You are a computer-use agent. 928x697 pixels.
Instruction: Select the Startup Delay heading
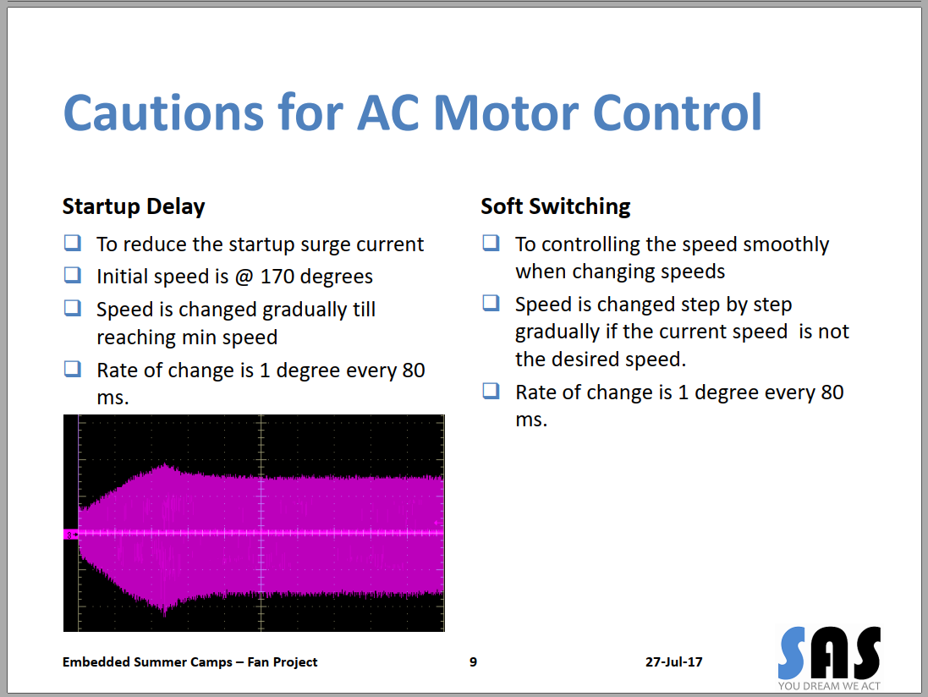(x=134, y=206)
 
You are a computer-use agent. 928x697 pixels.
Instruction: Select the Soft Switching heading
(x=556, y=206)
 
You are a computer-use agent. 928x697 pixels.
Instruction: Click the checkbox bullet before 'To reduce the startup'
(x=73, y=244)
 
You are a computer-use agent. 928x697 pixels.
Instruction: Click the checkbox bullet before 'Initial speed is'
(x=73, y=275)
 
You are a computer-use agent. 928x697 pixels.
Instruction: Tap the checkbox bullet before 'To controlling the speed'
(x=491, y=244)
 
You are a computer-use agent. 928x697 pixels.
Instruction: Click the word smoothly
(x=786, y=244)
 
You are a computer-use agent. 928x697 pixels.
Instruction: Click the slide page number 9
(x=473, y=662)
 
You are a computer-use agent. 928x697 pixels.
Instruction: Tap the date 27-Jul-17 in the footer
(x=673, y=662)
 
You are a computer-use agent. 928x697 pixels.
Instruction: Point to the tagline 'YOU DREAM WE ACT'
(x=829, y=686)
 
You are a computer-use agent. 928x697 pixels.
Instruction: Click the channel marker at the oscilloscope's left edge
(x=70, y=534)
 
